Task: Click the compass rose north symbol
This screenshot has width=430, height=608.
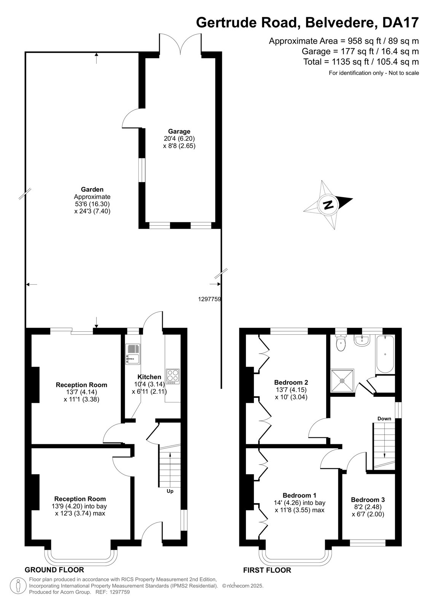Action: (x=328, y=204)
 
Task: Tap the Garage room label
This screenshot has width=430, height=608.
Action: (x=179, y=131)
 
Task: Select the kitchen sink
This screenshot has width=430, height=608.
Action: (x=133, y=354)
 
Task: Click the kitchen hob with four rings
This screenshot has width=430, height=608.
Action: (x=173, y=377)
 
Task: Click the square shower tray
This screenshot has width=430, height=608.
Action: (x=342, y=380)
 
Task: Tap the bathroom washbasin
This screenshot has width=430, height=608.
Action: (x=362, y=340)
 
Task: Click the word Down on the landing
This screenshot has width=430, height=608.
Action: (x=384, y=418)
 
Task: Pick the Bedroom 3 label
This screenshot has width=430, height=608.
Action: (x=368, y=499)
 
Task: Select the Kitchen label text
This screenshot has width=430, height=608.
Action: (x=149, y=377)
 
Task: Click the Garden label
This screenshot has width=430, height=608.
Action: (x=92, y=190)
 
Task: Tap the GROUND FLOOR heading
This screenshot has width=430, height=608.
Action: (x=54, y=570)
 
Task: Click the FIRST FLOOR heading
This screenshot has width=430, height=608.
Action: (x=267, y=570)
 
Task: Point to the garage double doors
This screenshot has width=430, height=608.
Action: (x=180, y=43)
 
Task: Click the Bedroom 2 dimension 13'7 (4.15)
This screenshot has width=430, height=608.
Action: (x=290, y=390)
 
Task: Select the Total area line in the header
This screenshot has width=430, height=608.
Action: (x=361, y=62)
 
